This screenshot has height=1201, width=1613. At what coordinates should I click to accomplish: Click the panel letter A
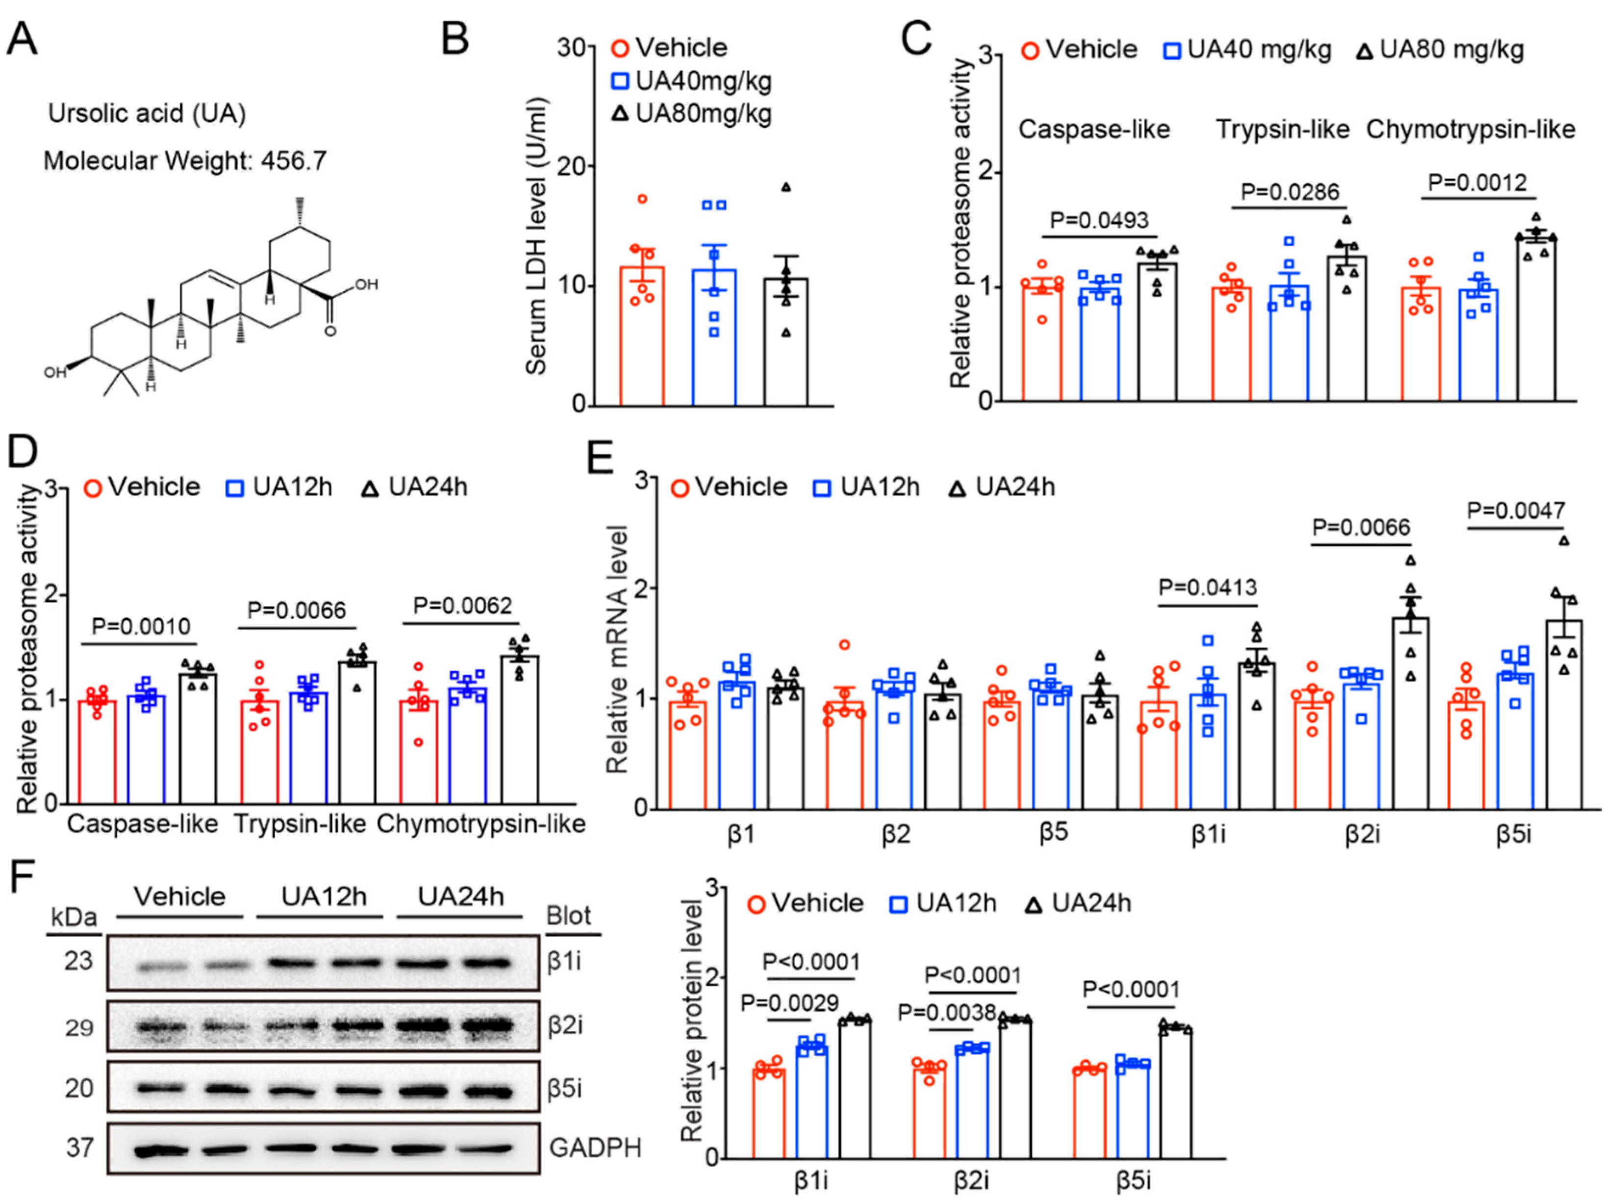[22, 38]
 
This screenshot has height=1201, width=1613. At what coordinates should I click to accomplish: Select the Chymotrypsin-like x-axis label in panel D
[481, 824]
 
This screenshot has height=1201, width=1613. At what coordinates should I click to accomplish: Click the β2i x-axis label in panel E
[1361, 834]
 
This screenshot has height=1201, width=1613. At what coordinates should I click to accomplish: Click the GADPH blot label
[595, 1148]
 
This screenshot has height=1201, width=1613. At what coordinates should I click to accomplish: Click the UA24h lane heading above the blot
[460, 896]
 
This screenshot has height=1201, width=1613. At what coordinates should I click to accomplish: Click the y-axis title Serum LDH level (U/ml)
[536, 236]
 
